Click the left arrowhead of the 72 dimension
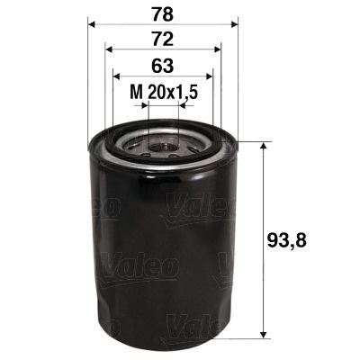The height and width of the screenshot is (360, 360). pos(108,52)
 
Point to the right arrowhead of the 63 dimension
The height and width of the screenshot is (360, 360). pos(210,76)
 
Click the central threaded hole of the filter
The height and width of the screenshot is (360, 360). pos(163,141)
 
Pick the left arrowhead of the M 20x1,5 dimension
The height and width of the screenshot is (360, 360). pos(145,104)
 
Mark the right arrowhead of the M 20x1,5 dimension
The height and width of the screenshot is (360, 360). pos(182,104)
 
